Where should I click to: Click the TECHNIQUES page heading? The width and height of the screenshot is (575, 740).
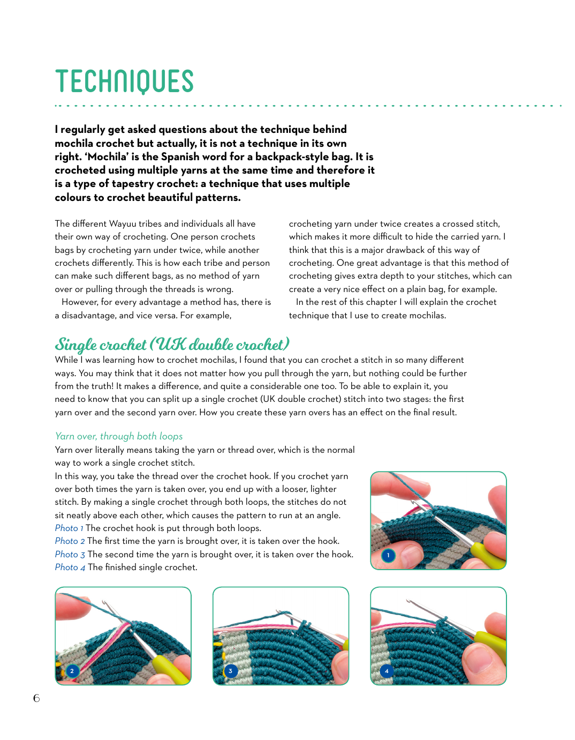tap(124, 81)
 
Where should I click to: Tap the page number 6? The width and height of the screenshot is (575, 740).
tap(36, 698)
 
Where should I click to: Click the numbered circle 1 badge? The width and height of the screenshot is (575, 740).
tap(388, 556)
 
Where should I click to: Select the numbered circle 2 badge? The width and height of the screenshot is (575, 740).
tap(72, 671)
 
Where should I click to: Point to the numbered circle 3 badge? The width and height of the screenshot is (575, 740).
tap(230, 671)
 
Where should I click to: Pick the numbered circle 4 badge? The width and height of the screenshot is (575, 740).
tap(387, 671)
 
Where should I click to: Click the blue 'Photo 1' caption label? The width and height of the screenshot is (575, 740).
tap(69, 528)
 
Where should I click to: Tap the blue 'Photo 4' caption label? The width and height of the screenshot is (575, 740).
tap(70, 567)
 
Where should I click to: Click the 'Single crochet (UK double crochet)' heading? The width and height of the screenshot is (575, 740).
tap(172, 345)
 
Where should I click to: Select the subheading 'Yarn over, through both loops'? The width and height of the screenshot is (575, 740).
tap(119, 436)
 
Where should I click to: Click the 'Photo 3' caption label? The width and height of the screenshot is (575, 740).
tap(70, 555)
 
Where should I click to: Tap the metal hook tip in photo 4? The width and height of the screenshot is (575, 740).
tap(408, 601)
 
